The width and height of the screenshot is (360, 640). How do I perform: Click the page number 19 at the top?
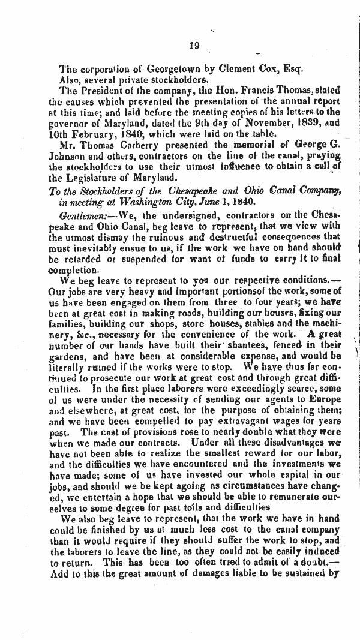pos(193,45)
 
